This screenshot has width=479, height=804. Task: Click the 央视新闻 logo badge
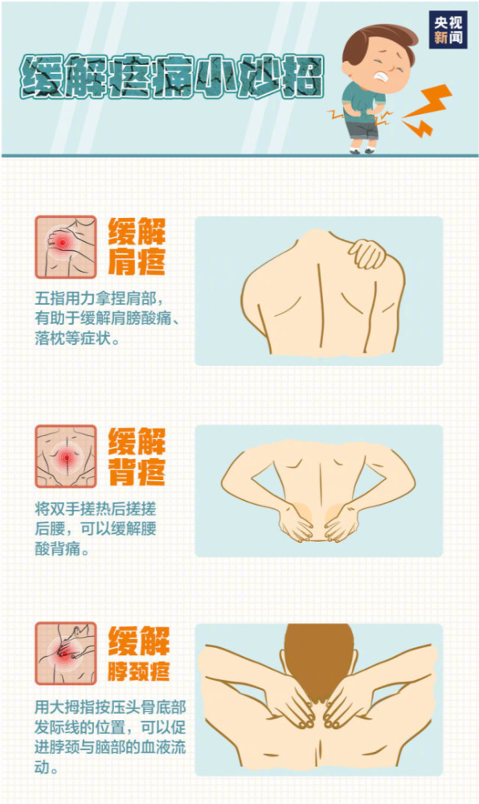tap(448, 29)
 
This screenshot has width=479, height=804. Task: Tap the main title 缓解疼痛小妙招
tap(172, 77)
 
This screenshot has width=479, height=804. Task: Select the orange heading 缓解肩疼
tap(137, 247)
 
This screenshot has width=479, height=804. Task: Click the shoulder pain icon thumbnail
tap(66, 247)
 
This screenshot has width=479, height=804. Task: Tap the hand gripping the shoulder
tap(366, 253)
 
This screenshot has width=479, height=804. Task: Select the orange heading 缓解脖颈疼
tap(138, 654)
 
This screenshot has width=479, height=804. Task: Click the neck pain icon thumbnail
tap(66, 654)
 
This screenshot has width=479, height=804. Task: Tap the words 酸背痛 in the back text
tap(57, 548)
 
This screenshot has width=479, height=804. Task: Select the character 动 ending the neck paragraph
tap(43, 768)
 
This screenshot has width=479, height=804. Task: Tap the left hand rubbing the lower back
tap(296, 523)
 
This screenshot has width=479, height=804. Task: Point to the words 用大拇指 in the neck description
tap(65, 708)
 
